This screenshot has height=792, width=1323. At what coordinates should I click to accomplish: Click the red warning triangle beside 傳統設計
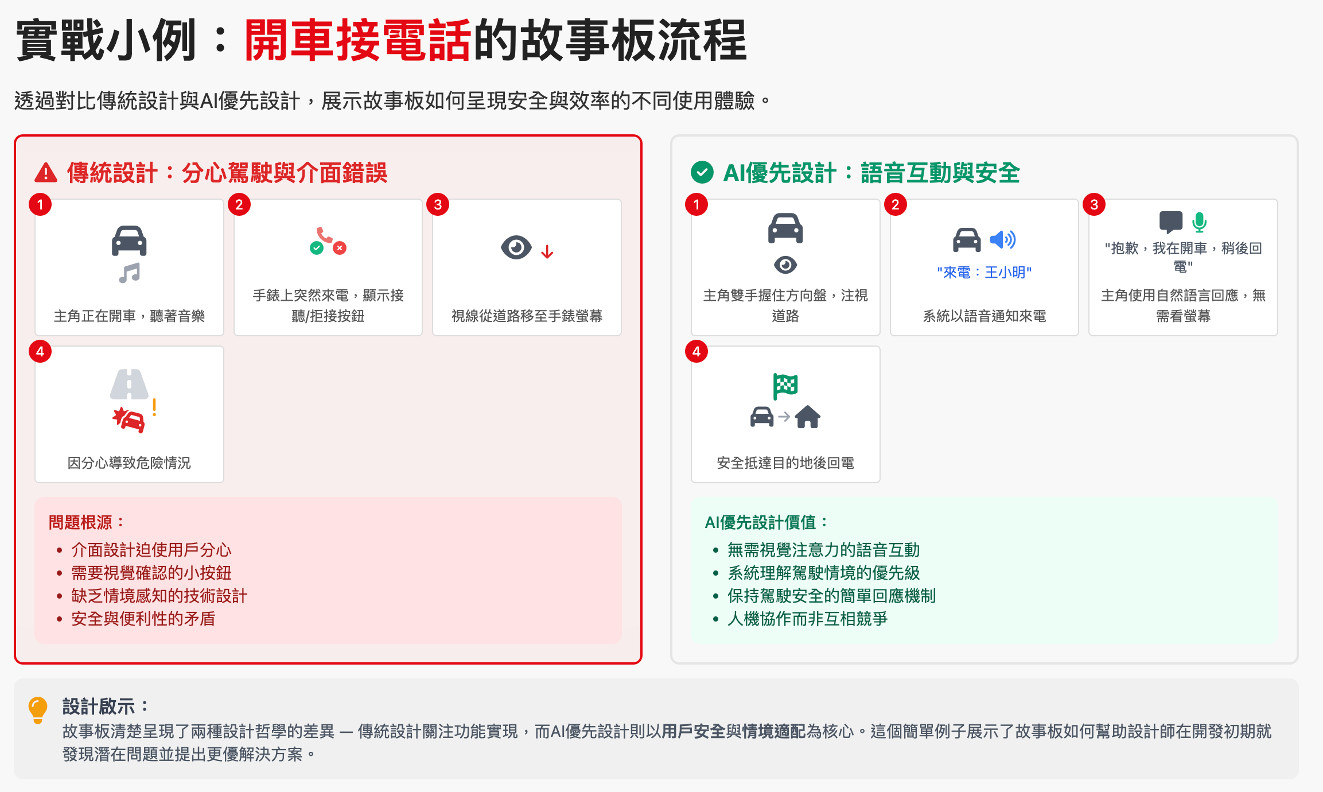(x=46, y=173)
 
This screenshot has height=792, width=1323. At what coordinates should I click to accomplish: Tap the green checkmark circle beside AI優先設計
(x=702, y=172)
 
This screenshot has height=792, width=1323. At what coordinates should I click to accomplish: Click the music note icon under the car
(x=129, y=273)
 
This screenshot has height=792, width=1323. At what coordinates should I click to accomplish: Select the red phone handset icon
(x=324, y=236)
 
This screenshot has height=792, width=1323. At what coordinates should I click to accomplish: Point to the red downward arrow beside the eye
(x=547, y=251)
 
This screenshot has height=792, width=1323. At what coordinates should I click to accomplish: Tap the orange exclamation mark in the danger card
(x=154, y=407)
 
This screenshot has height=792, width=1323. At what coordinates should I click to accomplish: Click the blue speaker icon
(x=1002, y=239)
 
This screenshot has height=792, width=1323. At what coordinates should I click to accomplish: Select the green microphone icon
(x=1199, y=222)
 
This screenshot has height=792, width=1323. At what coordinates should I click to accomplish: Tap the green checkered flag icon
(x=785, y=386)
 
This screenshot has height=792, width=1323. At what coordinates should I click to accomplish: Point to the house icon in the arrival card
(x=808, y=417)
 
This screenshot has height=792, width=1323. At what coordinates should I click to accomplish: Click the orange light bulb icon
(x=38, y=709)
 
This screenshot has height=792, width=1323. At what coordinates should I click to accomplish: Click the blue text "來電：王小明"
(x=984, y=273)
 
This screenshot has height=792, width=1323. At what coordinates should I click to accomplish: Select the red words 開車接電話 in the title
(x=357, y=40)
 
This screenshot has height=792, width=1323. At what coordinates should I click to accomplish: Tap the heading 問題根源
(x=86, y=522)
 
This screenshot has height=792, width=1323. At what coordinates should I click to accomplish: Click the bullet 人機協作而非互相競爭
(x=807, y=619)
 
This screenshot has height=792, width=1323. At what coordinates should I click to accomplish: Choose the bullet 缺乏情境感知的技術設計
(x=159, y=596)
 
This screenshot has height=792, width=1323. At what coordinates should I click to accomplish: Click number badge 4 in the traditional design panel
(x=40, y=352)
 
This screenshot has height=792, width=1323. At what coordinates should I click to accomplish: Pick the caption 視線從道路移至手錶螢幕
(x=527, y=316)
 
